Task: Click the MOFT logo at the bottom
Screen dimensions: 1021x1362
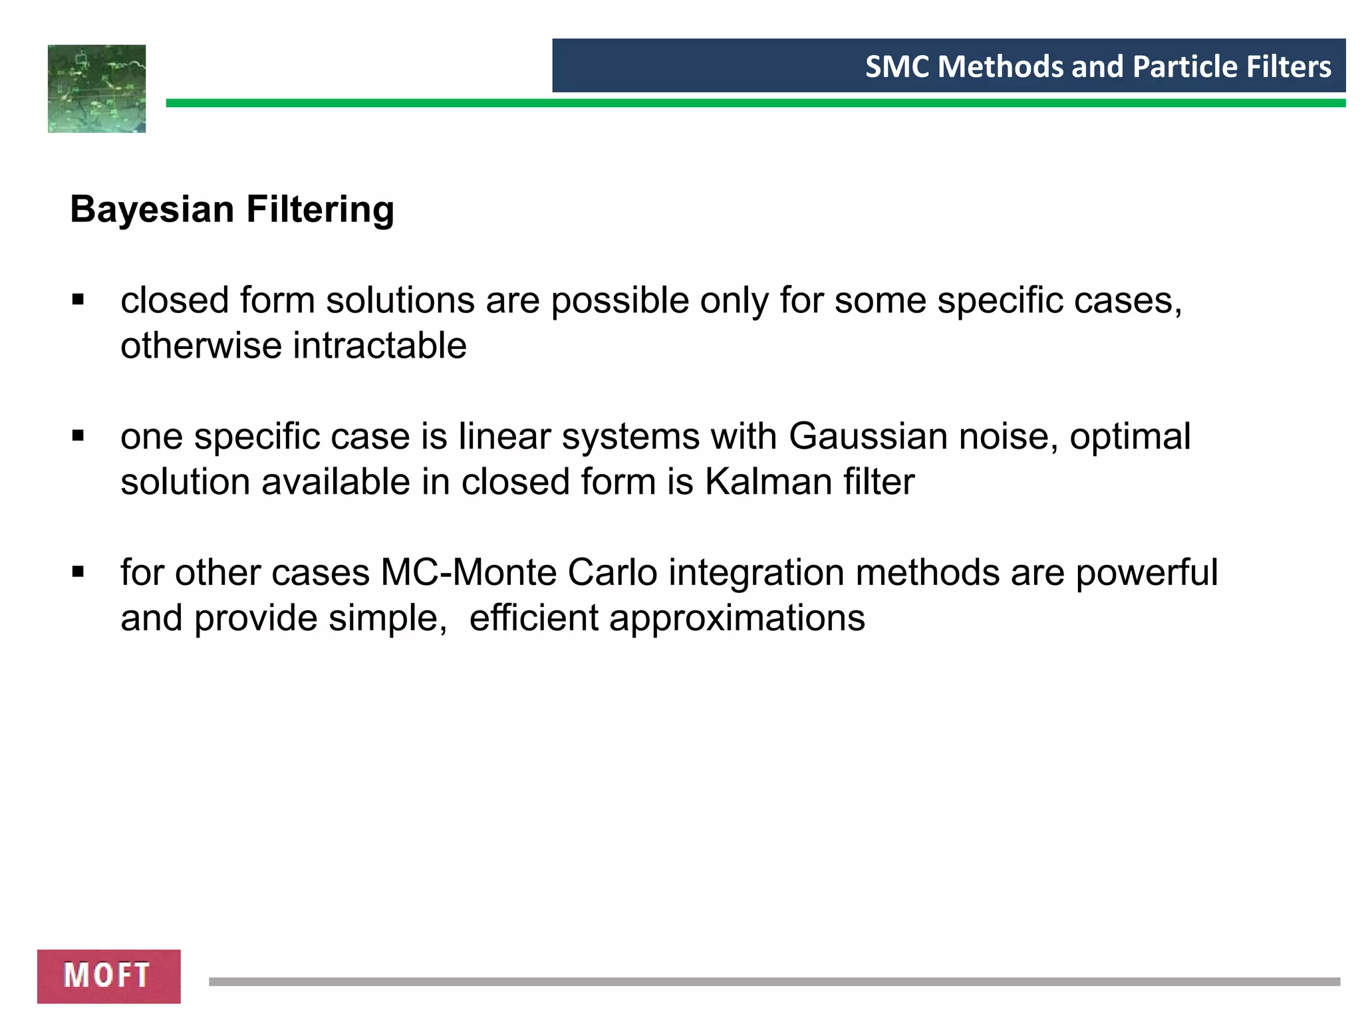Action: (x=108, y=976)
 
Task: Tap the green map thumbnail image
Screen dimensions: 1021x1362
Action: (x=96, y=88)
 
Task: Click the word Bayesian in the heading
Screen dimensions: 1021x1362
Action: (x=152, y=210)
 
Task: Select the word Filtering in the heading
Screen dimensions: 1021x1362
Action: (x=320, y=210)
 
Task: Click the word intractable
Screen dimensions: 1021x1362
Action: (x=379, y=346)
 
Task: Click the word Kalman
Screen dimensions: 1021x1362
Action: (x=768, y=481)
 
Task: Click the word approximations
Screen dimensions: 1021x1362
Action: (x=737, y=618)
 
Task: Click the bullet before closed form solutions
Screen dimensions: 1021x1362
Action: (x=78, y=300)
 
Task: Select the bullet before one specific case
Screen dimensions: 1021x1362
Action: (x=78, y=437)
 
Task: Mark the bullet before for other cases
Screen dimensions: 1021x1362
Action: (x=78, y=572)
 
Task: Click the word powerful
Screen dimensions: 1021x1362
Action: (x=1147, y=572)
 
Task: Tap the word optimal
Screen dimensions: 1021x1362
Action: (x=1130, y=437)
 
